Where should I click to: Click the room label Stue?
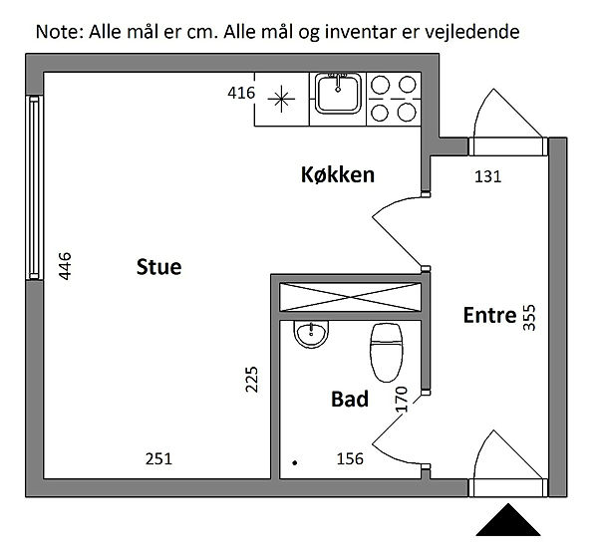(158, 267)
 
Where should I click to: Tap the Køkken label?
(338, 175)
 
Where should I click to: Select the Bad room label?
(350, 400)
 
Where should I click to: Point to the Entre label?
(489, 316)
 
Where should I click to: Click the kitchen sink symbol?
(339, 97)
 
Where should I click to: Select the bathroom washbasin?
(312, 334)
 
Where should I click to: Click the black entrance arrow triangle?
(508, 521)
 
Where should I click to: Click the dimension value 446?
(66, 268)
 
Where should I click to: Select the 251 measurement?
(159, 459)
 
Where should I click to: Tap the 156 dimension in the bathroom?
(349, 459)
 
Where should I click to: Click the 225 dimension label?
(252, 383)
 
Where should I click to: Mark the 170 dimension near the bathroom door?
(403, 400)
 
